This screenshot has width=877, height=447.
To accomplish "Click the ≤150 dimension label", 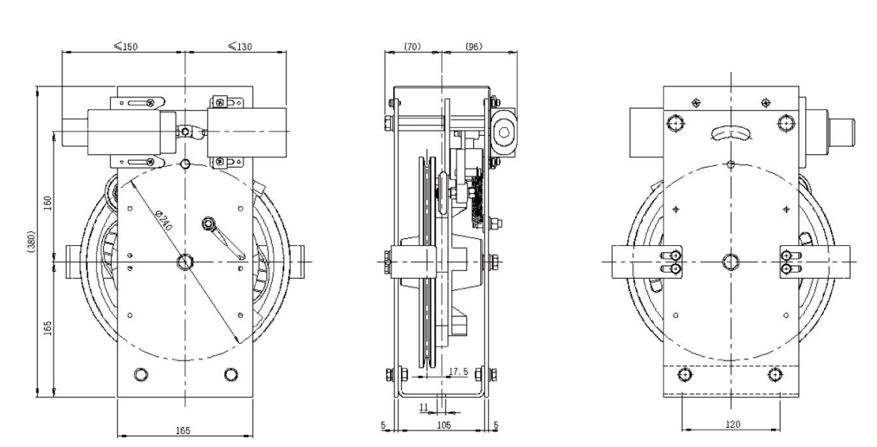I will [126, 46].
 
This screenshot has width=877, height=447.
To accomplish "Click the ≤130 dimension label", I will [239, 46].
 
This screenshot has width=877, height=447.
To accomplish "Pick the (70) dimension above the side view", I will [412, 46].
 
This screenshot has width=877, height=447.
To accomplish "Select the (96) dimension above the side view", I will [473, 46].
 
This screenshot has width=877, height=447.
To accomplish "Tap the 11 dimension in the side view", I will [423, 407].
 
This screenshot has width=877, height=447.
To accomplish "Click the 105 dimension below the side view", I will [443, 425].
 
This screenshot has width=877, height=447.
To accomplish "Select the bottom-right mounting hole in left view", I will [230, 374].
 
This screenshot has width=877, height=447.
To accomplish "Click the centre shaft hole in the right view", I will [731, 262].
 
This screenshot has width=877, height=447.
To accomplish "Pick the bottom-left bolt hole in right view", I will [687, 375].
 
